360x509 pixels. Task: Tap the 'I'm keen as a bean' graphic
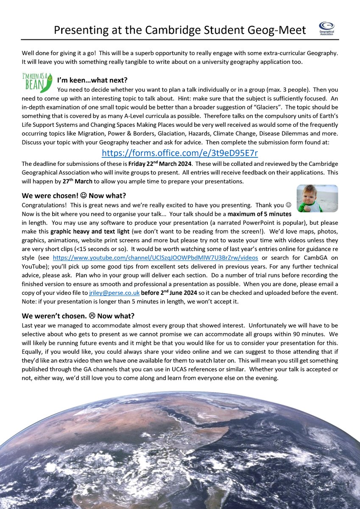(37, 82)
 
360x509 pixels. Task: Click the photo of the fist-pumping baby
(317, 198)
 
